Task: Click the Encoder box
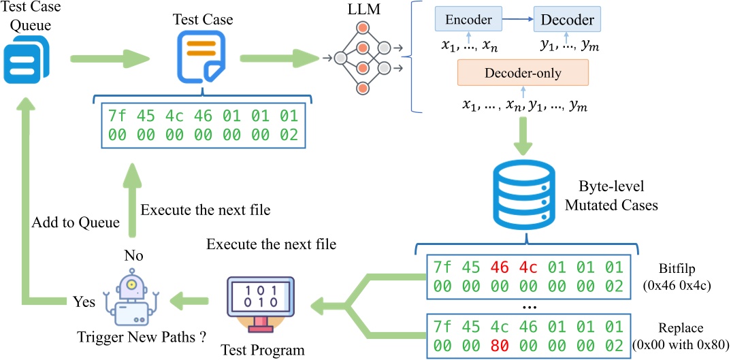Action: point(468,20)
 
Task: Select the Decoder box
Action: point(567,20)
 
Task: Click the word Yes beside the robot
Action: point(84,301)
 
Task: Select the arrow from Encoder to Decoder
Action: point(517,20)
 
